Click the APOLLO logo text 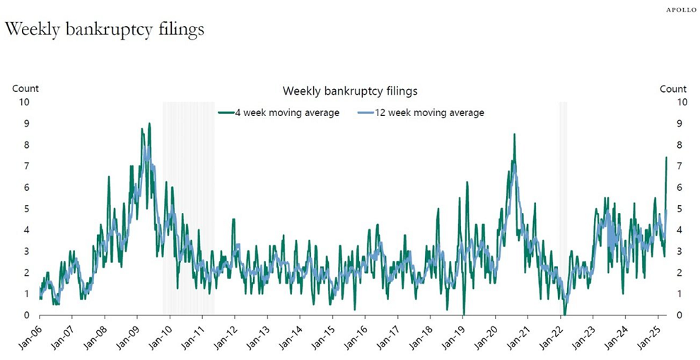click(681, 10)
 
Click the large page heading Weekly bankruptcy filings click(105, 30)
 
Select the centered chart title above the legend click(350, 91)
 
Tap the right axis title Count click(673, 88)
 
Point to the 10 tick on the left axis click(24, 102)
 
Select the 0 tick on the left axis click(27, 315)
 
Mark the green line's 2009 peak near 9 click(148, 124)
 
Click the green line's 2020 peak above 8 click(514, 134)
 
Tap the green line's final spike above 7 click(666, 158)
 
